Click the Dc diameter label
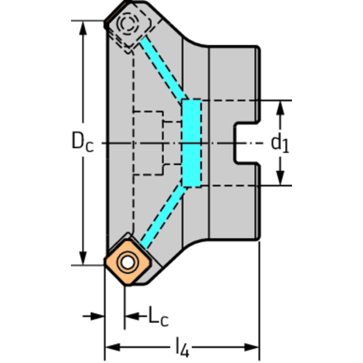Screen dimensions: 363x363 tap(83, 141)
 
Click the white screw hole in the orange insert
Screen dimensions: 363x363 tap(127, 262)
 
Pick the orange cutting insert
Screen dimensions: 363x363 tap(128, 262)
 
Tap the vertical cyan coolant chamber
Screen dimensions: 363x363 tap(192, 143)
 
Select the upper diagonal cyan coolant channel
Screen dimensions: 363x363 tap(164, 68)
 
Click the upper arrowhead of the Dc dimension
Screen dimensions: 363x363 tap(83, 28)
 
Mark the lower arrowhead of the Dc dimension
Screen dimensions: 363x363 tap(83, 258)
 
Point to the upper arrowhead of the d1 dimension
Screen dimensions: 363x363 tap(280, 108)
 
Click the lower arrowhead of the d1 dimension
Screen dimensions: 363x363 tap(280, 178)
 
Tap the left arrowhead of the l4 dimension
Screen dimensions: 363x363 tap(113, 347)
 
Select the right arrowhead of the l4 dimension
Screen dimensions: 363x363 tap(252, 347)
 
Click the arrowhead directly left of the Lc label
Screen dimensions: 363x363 tap(132, 316)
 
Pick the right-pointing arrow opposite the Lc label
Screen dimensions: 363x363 tap(94, 316)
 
